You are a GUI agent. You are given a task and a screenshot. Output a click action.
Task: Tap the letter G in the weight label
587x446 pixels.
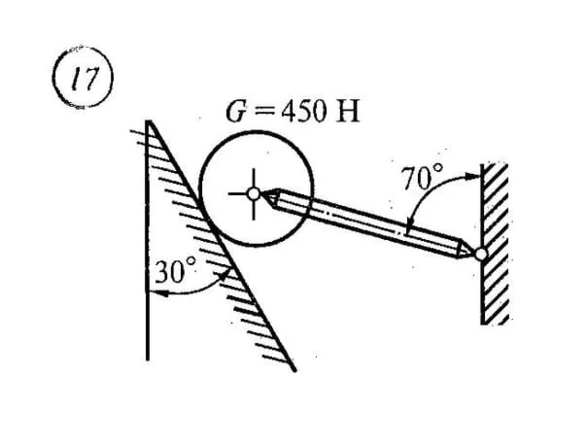tap(234, 109)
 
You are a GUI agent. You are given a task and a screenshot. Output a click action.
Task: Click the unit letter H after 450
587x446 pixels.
tap(346, 109)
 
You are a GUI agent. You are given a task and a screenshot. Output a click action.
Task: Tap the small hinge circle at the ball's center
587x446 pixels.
tap(255, 193)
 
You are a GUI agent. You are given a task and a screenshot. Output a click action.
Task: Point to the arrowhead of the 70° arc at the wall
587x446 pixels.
tap(475, 176)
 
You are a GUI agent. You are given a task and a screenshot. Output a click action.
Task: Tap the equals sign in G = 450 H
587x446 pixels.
tap(258, 110)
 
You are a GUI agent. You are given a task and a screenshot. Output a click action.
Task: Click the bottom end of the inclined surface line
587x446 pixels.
tap(293, 370)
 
